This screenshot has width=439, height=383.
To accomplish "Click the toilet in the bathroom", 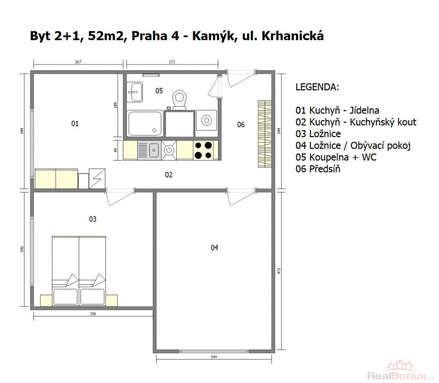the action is pos(179,100).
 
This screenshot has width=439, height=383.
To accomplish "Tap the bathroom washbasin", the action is pos(135,92).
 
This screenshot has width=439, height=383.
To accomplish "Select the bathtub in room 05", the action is pos(145,123).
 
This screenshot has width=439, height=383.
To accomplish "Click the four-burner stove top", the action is pos(204,150).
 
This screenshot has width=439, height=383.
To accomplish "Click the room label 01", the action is pos(75,123).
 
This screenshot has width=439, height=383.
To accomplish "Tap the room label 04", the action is pos(214,247).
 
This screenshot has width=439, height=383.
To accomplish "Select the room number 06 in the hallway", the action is pos(241,124).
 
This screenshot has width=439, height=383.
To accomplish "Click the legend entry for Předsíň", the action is pos(318,169).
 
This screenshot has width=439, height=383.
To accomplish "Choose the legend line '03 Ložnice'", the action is pos(318,134).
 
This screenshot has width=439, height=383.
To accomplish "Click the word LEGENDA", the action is pos(317,87).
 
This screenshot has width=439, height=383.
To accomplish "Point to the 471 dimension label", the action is pos(279,271).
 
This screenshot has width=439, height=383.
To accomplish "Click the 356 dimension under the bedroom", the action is pos(93,314).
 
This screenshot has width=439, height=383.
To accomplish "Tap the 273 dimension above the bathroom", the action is pos(172,62).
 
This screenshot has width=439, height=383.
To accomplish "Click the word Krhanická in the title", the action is pos(292,36).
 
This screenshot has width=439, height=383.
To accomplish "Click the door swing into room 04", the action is pos(241,196).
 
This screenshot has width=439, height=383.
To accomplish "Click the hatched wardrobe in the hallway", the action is pos(265,134).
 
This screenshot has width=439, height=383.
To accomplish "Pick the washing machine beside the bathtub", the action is pos(207,120).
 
